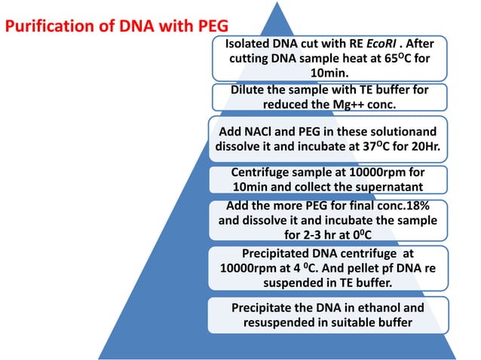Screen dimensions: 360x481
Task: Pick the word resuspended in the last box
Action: [x=282, y=323]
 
